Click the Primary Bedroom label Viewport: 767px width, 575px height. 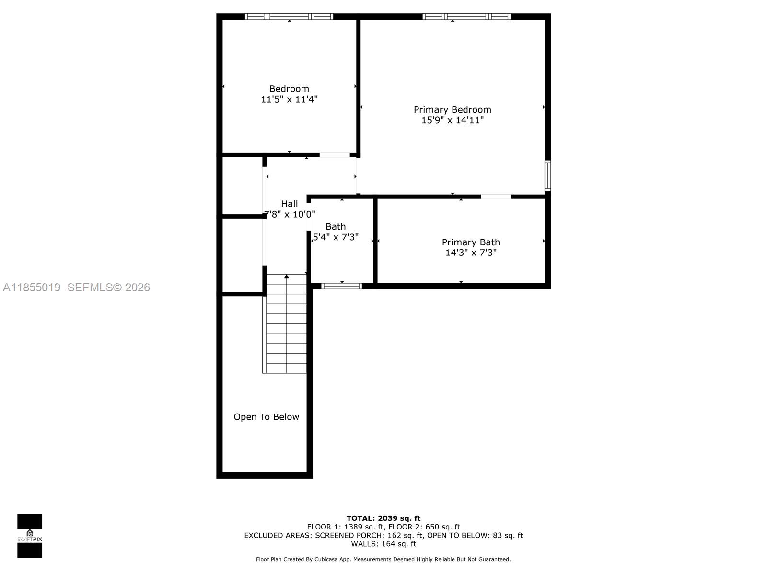(452, 110)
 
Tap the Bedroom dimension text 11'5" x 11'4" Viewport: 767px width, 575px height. (289, 99)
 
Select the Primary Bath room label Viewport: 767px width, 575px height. (470, 242)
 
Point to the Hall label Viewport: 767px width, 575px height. (289, 204)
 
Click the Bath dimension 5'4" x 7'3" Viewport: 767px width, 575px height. (336, 237)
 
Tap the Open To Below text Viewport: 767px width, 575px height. (266, 417)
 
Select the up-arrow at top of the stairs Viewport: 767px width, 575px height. (287, 276)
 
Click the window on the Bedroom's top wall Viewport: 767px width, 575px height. (289, 17)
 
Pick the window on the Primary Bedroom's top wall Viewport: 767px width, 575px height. (466, 17)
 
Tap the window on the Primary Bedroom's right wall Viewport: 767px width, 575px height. (547, 176)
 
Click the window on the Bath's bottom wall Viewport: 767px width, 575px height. (341, 286)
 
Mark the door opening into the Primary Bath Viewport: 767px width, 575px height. (496, 196)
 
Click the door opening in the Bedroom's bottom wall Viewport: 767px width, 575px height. (335, 155)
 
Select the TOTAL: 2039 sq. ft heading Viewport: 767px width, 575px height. (383, 518)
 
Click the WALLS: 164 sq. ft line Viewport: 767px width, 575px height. (383, 544)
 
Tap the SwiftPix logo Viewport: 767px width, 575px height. (30, 536)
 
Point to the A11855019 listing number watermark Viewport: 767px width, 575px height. (32, 287)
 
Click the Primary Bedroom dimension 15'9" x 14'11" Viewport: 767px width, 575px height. (452, 120)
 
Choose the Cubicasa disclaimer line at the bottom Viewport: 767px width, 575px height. (383, 559)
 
